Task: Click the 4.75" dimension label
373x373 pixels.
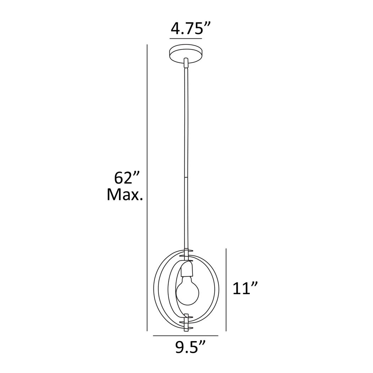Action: pos(186,28)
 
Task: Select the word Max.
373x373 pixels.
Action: pos(125,194)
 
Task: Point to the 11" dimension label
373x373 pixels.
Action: pos(245,288)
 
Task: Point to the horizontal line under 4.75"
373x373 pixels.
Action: pos(186,38)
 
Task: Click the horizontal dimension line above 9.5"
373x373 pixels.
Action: pos(185,336)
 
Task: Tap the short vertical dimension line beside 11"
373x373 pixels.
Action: pos(226,290)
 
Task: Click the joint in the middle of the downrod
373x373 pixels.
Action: pos(185,177)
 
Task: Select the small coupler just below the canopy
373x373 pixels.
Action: pos(185,63)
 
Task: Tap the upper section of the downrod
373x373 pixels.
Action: pos(185,121)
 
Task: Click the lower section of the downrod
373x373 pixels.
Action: pos(185,213)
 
